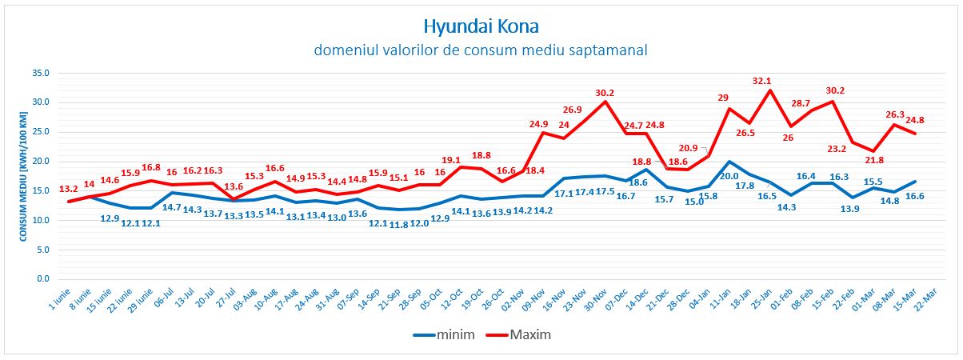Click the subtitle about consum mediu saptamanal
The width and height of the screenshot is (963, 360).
tap(481, 50)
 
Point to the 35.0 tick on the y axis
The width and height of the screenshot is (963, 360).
tap(40, 73)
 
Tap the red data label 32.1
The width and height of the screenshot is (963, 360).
tap(762, 81)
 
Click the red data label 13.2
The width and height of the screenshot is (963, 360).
tap(69, 190)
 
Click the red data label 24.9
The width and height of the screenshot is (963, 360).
tap(539, 124)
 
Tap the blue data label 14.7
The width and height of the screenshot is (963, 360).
tap(173, 207)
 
